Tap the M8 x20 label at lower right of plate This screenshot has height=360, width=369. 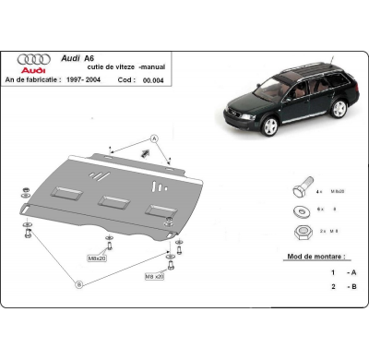pos(153,276)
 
